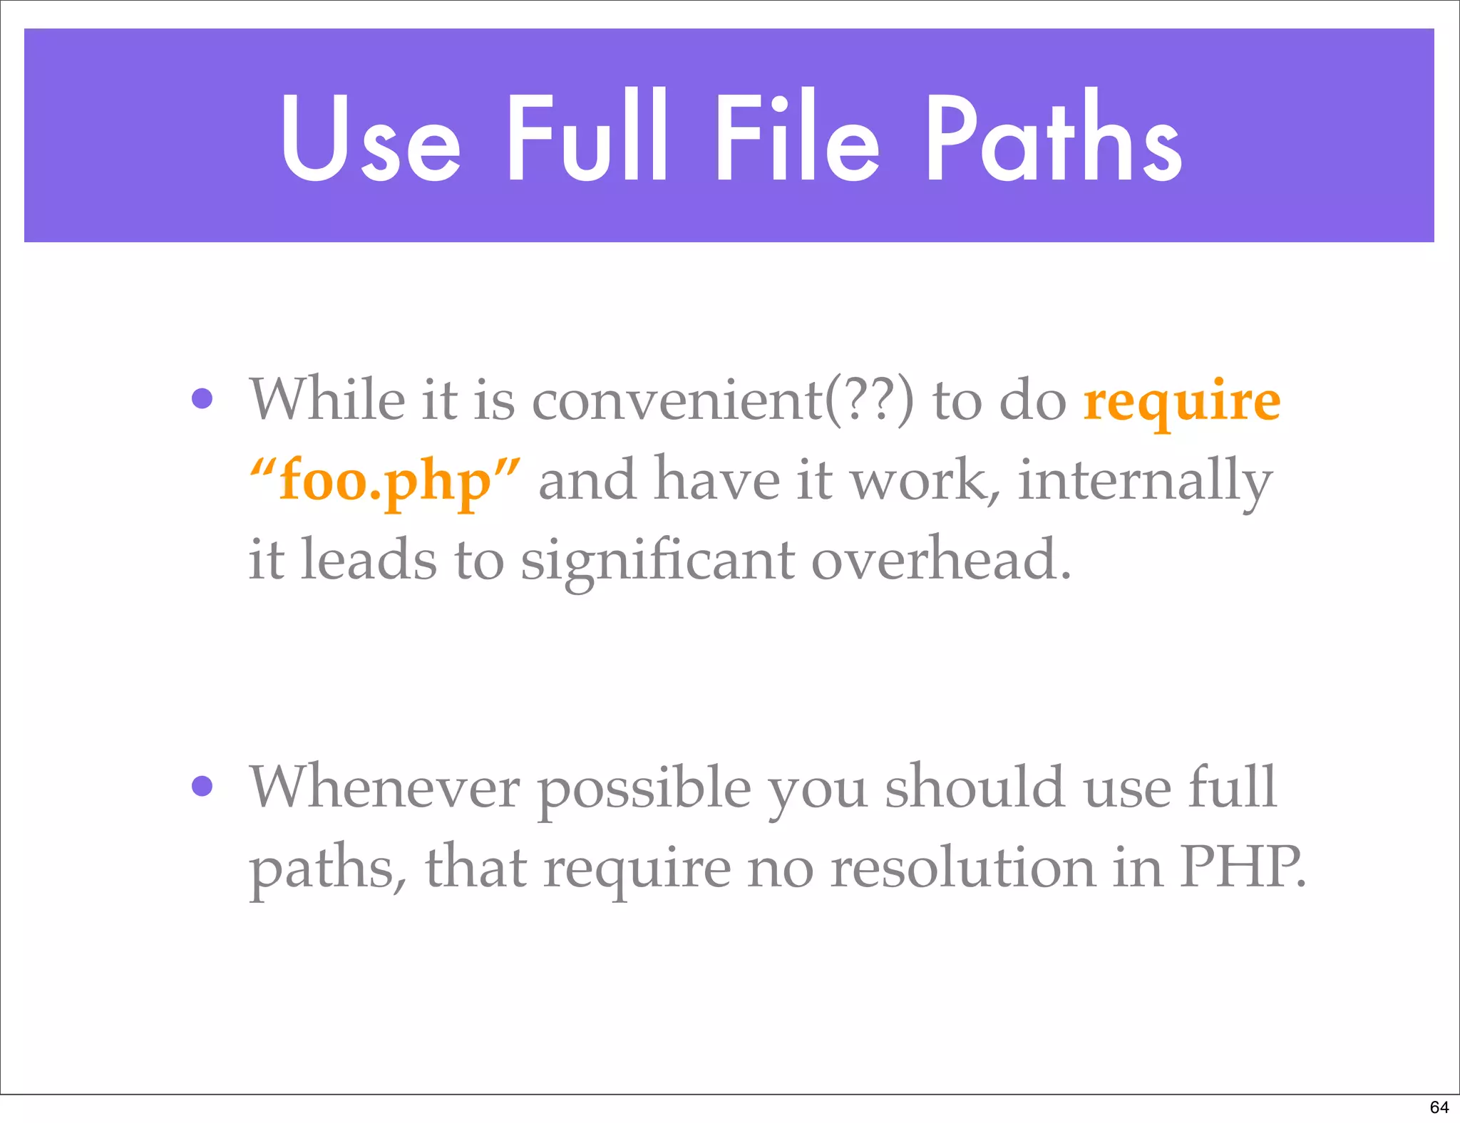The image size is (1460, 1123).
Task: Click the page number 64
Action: coord(1439,1107)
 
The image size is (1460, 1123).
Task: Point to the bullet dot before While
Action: coord(202,398)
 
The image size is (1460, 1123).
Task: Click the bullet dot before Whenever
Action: coord(202,786)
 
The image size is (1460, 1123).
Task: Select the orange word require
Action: coord(1181,401)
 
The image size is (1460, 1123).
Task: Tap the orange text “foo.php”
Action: coord(385,480)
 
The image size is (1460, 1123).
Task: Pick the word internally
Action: coord(1144,480)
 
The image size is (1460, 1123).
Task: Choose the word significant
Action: coord(657,561)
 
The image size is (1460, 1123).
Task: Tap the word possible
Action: coord(644,790)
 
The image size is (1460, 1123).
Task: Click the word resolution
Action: coord(963,868)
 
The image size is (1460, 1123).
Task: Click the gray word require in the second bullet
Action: coord(637,869)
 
